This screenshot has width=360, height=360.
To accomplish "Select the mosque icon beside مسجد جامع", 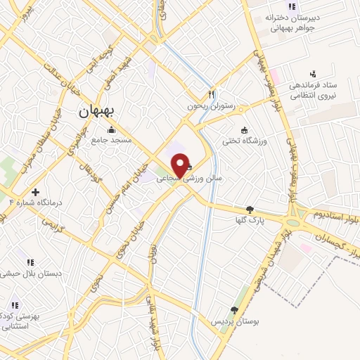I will (111, 129).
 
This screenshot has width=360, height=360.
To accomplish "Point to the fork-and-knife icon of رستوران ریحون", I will (211, 94).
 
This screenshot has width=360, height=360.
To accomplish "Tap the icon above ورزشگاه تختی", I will (244, 129).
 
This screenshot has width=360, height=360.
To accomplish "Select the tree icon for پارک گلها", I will (250, 209).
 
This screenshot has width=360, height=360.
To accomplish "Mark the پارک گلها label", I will (250, 220).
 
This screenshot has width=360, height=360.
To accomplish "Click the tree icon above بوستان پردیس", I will (234, 309).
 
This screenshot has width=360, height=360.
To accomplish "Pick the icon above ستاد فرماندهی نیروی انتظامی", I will (314, 72).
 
